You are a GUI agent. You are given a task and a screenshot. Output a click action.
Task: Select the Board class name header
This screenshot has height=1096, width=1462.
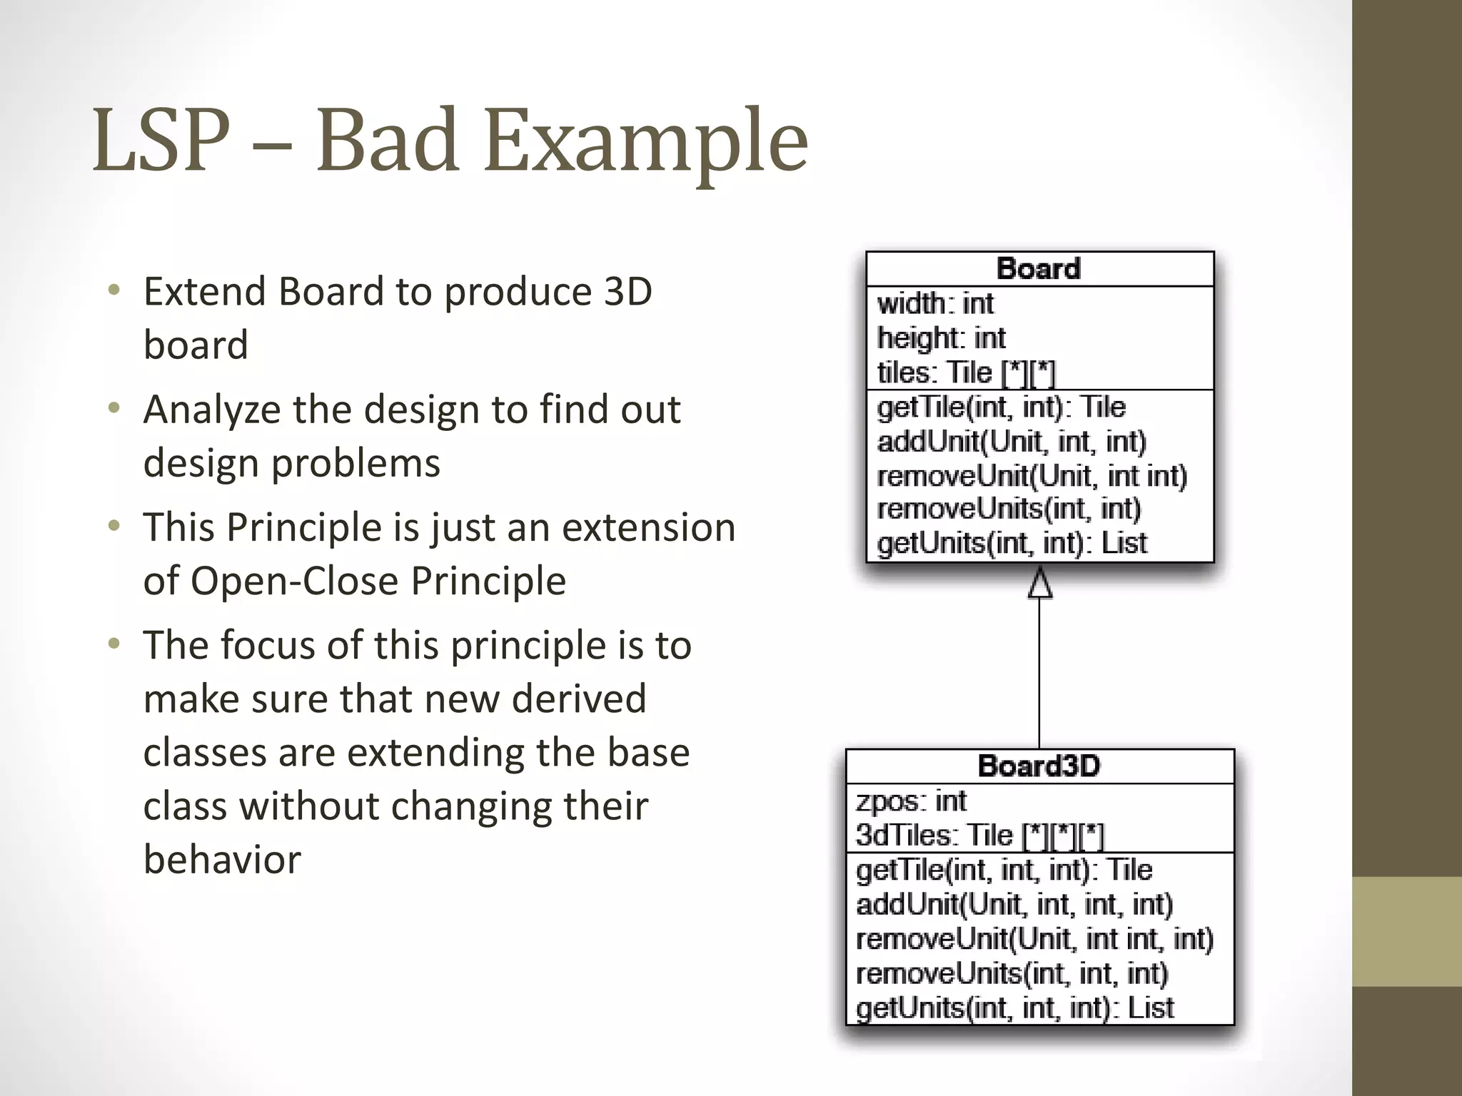(1039, 269)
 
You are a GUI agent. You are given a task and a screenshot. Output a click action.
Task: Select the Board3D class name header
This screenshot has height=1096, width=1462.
(1039, 766)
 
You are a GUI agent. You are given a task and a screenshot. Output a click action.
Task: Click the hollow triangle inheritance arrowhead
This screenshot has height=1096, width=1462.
(1039, 583)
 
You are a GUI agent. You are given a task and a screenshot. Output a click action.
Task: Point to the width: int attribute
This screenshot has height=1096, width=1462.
(935, 304)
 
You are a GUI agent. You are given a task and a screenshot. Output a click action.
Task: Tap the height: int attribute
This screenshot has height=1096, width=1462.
(941, 338)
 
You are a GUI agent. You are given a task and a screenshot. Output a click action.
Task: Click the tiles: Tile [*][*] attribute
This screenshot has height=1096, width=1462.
(965, 372)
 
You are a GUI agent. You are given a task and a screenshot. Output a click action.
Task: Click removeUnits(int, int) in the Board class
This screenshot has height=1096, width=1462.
(1009, 509)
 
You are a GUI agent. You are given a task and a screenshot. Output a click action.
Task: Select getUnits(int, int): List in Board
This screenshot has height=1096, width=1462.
(1012, 544)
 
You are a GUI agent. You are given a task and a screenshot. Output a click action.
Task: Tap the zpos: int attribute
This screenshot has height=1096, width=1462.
(911, 801)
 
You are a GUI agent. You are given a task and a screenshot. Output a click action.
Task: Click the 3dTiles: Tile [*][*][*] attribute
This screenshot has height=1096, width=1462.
(979, 835)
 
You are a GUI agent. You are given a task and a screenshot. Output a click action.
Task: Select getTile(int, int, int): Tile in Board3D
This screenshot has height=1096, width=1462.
(1004, 870)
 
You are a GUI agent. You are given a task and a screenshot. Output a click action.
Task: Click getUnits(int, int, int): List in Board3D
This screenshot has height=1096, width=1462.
(1014, 1008)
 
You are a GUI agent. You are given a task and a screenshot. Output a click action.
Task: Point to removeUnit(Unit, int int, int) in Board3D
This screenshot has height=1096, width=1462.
(1034, 939)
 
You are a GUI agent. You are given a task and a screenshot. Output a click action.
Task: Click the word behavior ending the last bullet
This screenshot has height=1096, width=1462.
(222, 859)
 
